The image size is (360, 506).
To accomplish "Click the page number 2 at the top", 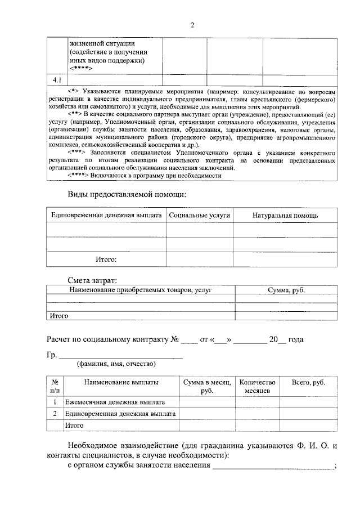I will tap(192, 25).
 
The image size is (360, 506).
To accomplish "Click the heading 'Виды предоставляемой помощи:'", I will tap(127, 195).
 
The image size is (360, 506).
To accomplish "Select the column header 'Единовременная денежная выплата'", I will tap(106, 216).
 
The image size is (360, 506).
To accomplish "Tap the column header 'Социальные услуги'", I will tap(199, 216).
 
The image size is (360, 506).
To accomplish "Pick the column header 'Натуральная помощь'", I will tap(285, 216).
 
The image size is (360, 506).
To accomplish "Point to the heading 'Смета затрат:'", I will tap(93, 280).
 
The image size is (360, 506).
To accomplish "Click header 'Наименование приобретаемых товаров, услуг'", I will tap(141, 290).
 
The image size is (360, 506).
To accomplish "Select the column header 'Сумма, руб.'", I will tap(286, 290).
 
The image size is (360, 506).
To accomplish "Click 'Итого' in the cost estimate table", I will tap(59, 316).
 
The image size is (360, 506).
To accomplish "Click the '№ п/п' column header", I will tap(55, 386).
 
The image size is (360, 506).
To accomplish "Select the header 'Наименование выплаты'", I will tap(121, 382).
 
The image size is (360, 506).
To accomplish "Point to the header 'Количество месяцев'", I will tap(257, 386).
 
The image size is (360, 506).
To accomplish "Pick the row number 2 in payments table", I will tap(55, 414).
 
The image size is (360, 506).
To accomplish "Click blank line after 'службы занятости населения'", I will tap(273, 467).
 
